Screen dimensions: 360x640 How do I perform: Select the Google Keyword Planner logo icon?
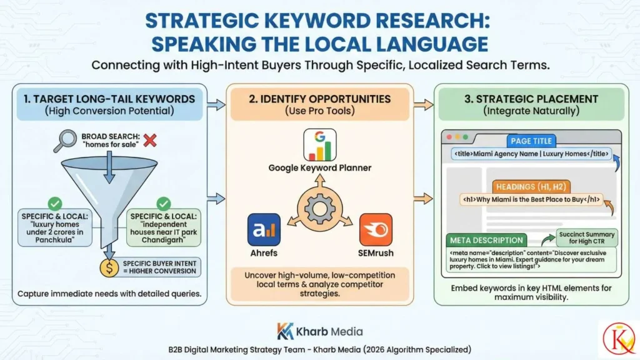tap(319, 146)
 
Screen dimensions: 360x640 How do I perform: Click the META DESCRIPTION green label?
tap(486, 240)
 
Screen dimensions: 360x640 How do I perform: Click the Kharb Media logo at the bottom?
tap(319, 331)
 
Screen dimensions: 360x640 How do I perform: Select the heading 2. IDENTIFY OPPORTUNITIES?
tap(319, 99)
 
